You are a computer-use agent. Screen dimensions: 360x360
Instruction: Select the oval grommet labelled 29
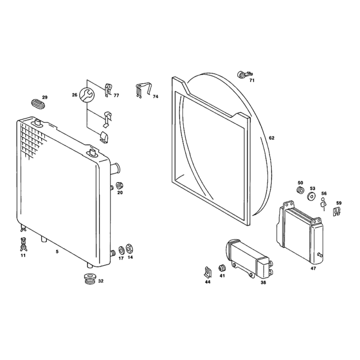point(38,104)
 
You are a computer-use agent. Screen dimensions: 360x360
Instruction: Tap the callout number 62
point(272,138)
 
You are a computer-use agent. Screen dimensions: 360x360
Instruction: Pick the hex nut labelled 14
point(130,248)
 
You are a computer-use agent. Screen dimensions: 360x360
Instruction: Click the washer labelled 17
point(121,250)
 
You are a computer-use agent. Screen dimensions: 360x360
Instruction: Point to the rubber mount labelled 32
point(90,279)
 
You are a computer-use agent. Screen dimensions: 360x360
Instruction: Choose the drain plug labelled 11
point(23,244)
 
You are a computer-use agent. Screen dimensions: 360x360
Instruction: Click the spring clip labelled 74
point(143,90)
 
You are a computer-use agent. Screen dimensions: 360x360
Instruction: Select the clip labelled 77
point(108,90)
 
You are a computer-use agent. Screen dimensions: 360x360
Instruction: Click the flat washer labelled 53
point(311,197)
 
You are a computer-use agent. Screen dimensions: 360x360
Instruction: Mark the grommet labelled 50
point(300,190)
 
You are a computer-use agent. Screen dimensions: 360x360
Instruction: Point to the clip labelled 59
point(336,211)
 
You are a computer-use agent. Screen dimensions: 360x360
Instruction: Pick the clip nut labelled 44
point(208,272)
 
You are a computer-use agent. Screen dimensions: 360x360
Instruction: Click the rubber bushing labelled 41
point(222,268)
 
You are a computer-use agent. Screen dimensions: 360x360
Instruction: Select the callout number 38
point(263,283)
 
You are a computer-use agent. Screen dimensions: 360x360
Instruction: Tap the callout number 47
point(313,268)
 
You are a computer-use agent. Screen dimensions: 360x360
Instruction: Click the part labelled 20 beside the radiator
point(119,185)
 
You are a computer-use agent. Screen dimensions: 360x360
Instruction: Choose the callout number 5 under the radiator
point(57,252)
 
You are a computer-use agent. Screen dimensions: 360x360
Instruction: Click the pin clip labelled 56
point(324,203)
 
